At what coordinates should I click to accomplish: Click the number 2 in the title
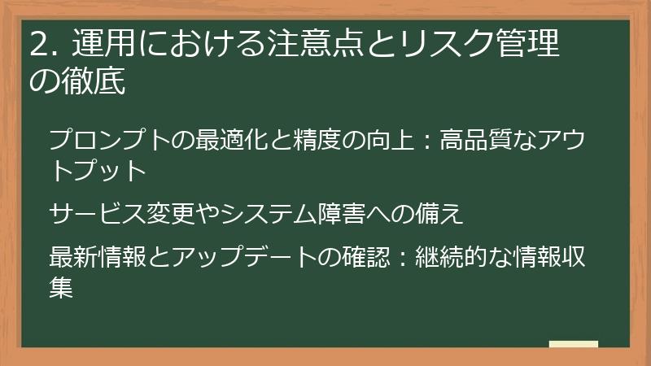coord(37,44)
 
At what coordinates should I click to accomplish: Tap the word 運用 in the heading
coord(93,44)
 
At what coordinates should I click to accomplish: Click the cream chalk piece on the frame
coord(574,345)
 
